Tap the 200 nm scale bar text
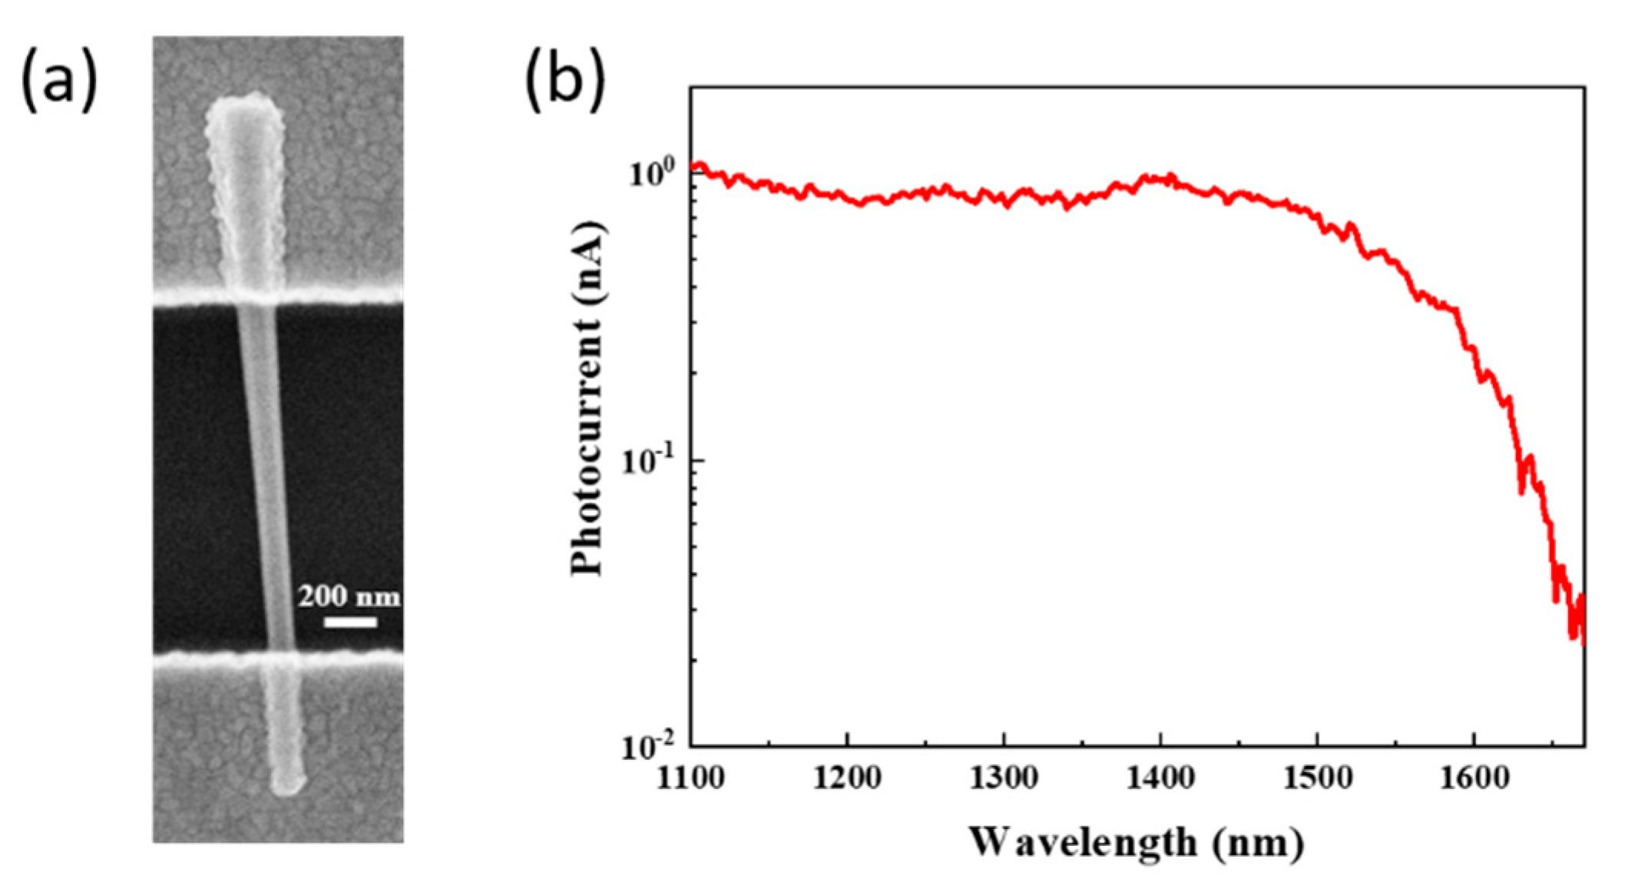point(349,596)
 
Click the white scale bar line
point(350,622)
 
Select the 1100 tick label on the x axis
point(690,778)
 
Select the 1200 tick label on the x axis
point(846,778)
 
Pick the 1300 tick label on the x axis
point(1003,778)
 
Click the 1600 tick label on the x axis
point(1473,778)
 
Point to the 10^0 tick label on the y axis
point(652,174)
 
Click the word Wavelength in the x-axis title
point(1081,842)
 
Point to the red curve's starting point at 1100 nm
point(693,167)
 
